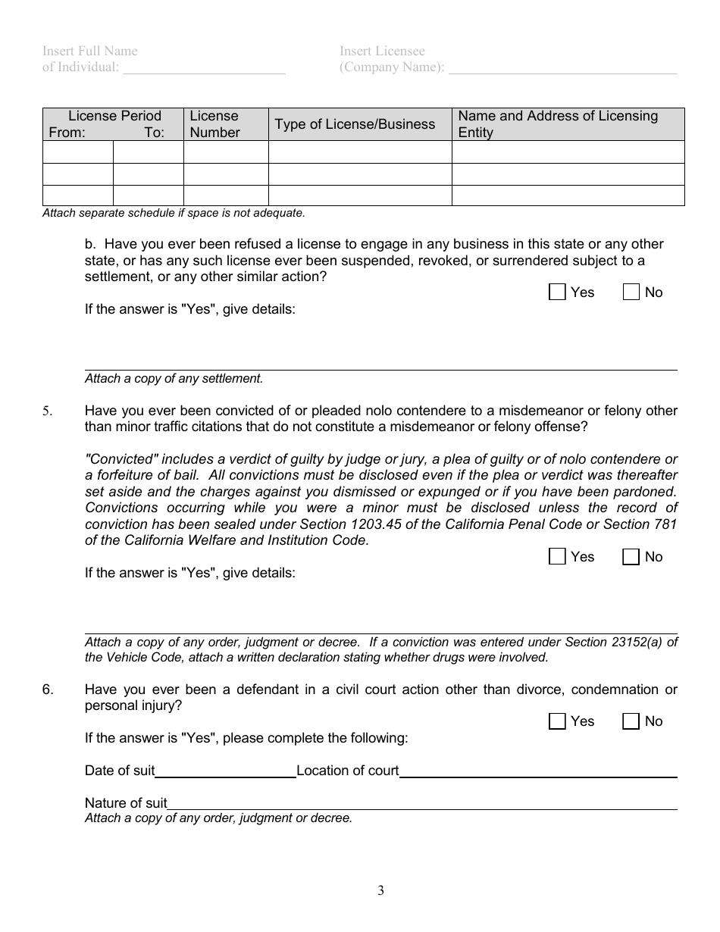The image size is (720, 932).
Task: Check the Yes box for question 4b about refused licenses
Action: click(x=557, y=292)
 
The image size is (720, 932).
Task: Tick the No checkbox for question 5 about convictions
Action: click(x=631, y=557)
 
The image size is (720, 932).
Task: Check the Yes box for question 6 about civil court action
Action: click(x=557, y=721)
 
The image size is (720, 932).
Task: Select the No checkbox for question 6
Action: click(x=631, y=721)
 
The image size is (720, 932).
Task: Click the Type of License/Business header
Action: click(x=355, y=124)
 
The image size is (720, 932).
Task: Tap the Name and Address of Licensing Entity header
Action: click(x=559, y=124)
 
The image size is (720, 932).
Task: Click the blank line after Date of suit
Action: click(x=225, y=772)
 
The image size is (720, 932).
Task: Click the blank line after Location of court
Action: click(x=537, y=772)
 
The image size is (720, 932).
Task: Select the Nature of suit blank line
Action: click(x=421, y=804)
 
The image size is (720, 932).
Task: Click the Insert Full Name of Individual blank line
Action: click(x=204, y=68)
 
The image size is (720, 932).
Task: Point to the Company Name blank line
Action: click(x=562, y=68)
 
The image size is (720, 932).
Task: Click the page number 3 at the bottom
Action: click(x=380, y=891)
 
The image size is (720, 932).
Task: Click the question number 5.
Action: click(x=47, y=411)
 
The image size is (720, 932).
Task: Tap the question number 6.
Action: click(x=47, y=690)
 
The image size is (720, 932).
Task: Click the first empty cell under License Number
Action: click(x=226, y=152)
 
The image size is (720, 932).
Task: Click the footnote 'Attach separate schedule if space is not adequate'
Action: click(x=174, y=214)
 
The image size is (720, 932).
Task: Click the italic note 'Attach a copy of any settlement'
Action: click(x=174, y=379)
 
